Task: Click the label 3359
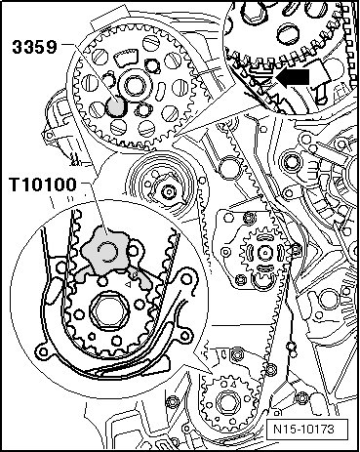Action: click(x=34, y=47)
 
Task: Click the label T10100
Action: click(x=43, y=185)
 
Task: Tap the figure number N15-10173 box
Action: click(x=303, y=429)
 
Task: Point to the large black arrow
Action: click(x=295, y=77)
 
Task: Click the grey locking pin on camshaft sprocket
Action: click(x=115, y=106)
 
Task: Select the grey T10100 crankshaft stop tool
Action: click(x=107, y=254)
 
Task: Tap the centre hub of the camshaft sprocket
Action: click(x=134, y=86)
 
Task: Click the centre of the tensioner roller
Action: click(x=169, y=191)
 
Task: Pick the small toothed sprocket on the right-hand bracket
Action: click(x=265, y=252)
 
